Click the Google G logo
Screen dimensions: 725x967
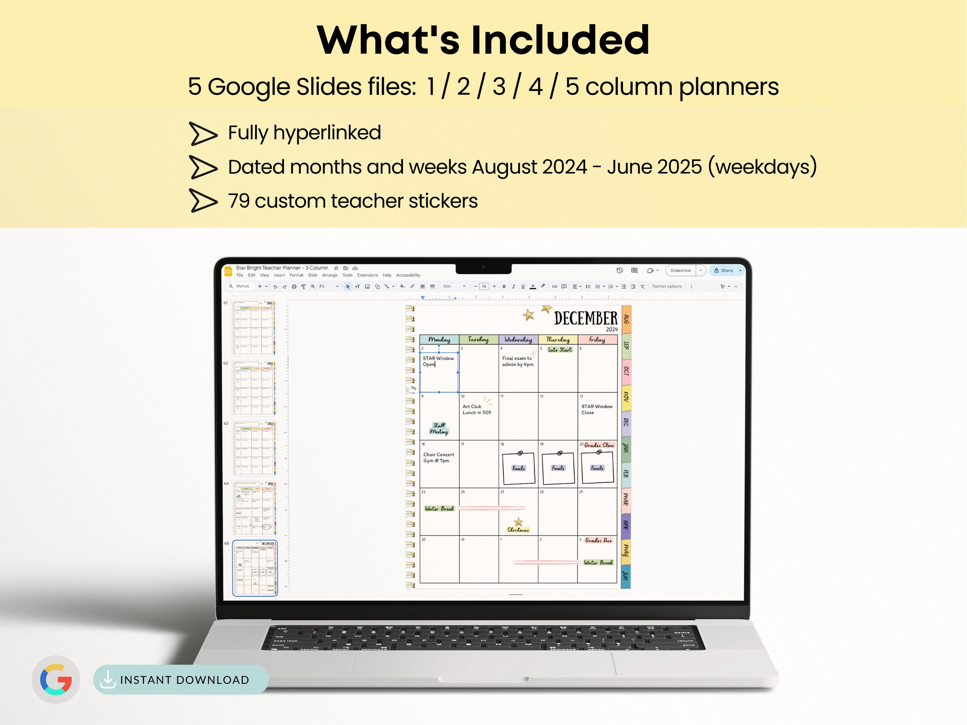click(56, 679)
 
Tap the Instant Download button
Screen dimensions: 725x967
click(180, 680)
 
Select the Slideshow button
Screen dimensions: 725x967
click(680, 271)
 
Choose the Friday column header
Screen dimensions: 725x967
click(597, 339)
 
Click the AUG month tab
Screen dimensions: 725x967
click(626, 319)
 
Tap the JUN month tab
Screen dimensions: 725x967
click(626, 576)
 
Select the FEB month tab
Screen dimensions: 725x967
click(626, 474)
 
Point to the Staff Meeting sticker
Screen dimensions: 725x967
click(439, 428)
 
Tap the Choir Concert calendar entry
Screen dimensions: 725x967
click(438, 458)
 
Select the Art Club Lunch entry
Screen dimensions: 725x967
click(476, 410)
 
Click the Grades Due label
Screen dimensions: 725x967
click(598, 541)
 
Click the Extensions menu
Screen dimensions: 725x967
click(367, 275)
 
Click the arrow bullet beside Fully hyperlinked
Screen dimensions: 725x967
click(203, 133)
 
